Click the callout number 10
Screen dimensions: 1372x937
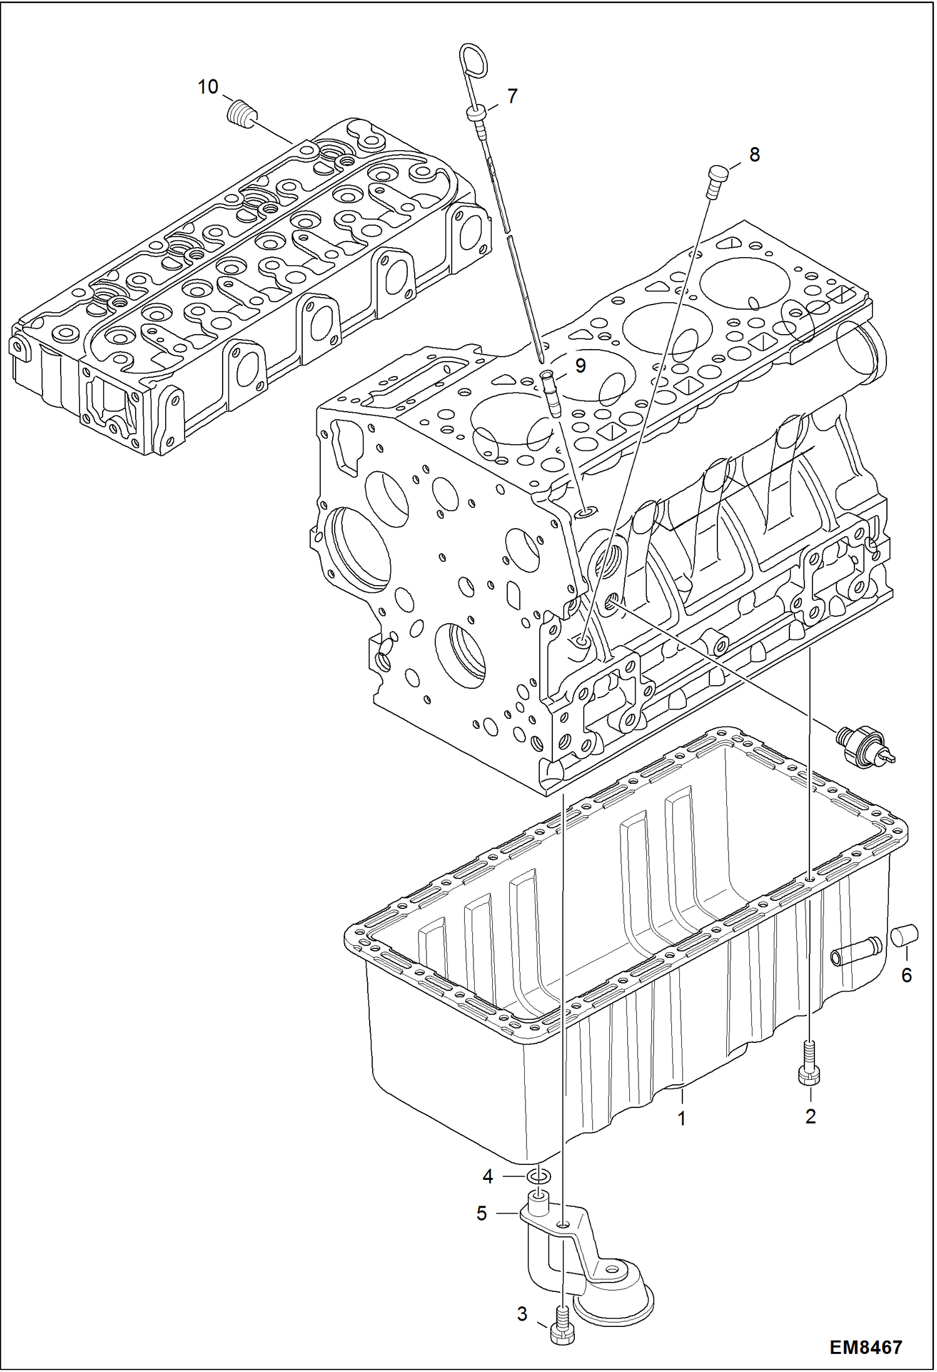point(208,87)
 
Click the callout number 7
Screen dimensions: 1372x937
point(512,96)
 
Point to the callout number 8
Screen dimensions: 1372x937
point(754,154)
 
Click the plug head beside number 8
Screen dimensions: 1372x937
point(717,175)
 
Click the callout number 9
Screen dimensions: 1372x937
point(580,366)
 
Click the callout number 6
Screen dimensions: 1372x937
point(906,975)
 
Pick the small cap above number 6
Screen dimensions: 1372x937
point(903,937)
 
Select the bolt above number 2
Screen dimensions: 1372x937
point(809,1064)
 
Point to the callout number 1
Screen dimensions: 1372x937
point(682,1118)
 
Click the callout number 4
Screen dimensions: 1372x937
point(488,1177)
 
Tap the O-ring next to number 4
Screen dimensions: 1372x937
point(540,1177)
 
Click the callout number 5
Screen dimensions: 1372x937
point(481,1214)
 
